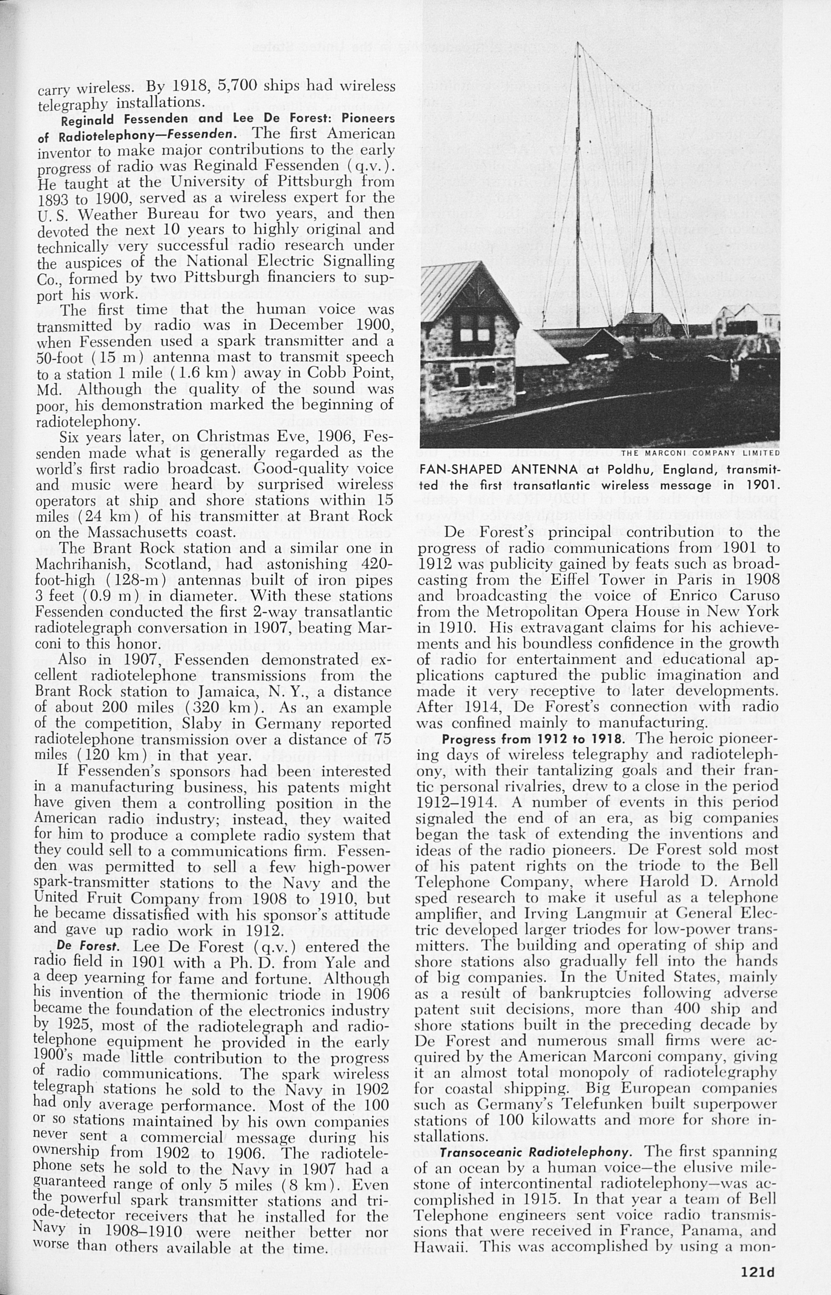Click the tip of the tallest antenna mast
pos(578,42)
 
